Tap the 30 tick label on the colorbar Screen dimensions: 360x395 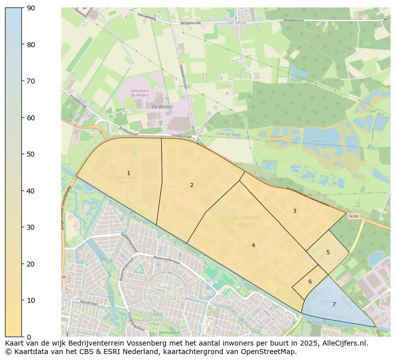30,227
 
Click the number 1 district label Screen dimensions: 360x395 128,174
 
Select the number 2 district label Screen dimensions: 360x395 192,185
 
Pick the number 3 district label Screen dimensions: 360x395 295,211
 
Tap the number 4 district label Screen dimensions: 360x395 253,245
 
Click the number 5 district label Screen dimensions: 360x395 328,252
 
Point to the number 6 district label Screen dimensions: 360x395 310,281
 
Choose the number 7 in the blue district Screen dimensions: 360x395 334,304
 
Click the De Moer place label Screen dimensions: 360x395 237,23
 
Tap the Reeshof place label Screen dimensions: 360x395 151,320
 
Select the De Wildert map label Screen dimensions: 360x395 162,106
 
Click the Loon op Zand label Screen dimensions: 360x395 228,135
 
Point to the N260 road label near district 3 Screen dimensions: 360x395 354,216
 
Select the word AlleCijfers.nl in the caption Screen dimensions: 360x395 343,343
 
